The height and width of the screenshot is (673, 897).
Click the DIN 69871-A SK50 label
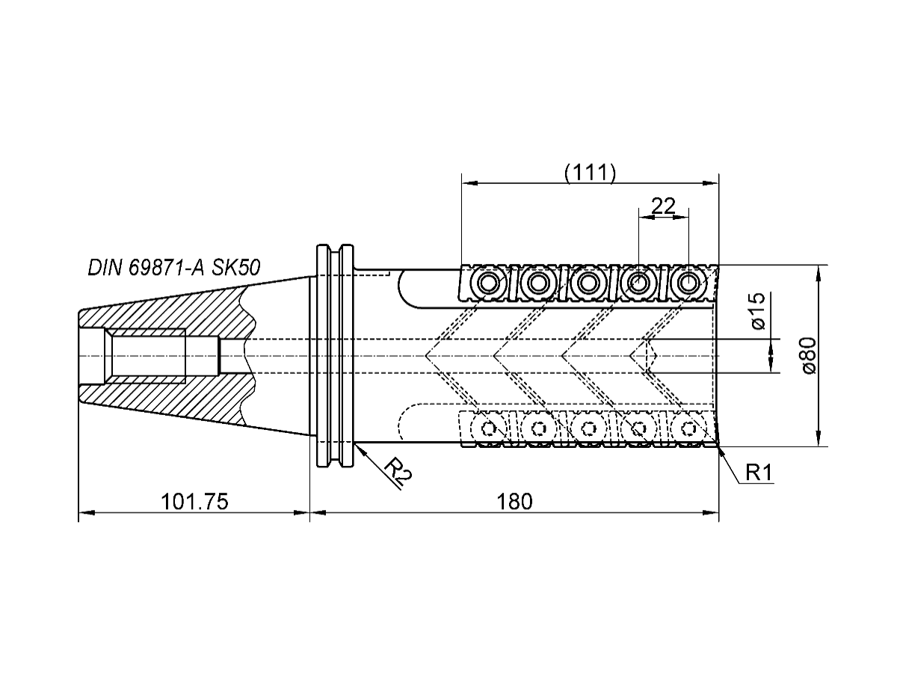coord(174,268)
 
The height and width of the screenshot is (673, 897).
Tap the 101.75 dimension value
coord(194,502)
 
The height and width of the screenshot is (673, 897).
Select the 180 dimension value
coord(514,502)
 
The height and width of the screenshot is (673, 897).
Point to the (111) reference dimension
coord(590,173)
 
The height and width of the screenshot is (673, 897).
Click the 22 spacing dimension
coord(664,206)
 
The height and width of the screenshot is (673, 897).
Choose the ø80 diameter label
coord(807,354)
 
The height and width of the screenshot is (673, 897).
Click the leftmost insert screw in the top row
coord(490,283)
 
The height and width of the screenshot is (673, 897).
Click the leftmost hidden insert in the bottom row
coord(490,428)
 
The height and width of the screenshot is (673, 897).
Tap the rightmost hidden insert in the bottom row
coord(687,428)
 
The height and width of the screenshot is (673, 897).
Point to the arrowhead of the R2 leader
coord(357,446)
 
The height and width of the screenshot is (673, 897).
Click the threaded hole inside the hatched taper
coord(147,355)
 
